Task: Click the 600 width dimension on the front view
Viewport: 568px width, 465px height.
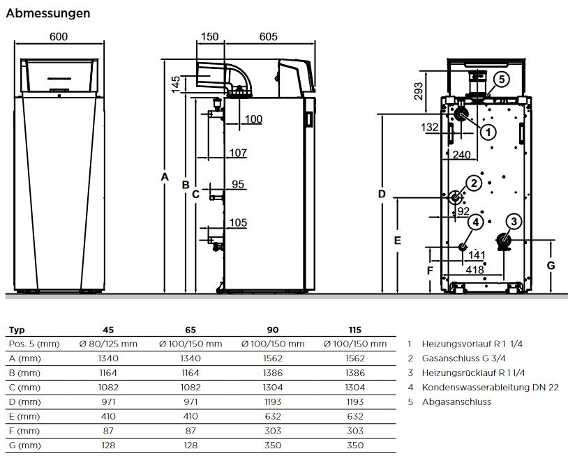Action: point(59,37)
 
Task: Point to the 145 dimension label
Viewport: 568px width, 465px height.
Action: point(176,84)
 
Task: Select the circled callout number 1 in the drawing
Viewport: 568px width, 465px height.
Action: point(488,131)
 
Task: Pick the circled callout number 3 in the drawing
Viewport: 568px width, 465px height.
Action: point(514,222)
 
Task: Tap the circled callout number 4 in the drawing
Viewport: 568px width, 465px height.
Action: point(476,222)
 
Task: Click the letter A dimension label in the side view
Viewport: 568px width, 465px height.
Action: point(165,177)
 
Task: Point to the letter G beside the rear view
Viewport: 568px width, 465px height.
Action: point(550,266)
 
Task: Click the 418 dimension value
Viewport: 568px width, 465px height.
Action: point(475,270)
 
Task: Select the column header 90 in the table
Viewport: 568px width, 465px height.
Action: point(273,330)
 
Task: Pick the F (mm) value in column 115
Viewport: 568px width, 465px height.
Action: point(356,430)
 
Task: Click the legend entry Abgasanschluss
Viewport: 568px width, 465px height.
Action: point(456,402)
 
